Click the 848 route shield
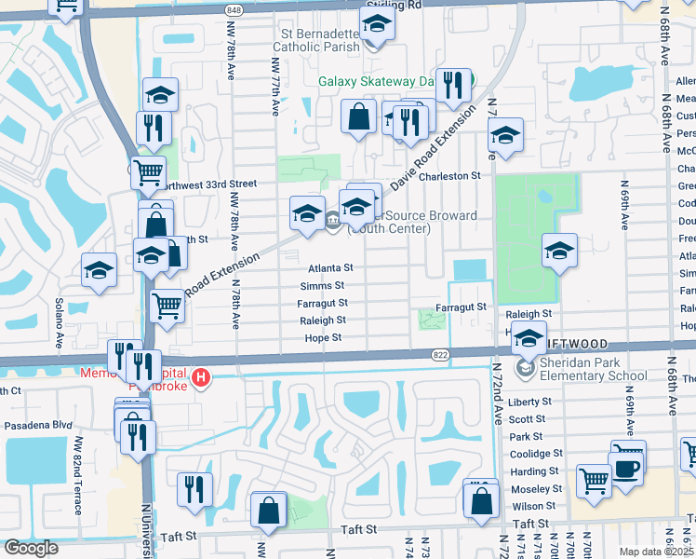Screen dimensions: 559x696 click(233, 9)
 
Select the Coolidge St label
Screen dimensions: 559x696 click(533, 454)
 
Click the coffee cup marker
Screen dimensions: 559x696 click(626, 465)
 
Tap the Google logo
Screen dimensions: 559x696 click(31, 548)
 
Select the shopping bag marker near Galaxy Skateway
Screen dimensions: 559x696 click(358, 116)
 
